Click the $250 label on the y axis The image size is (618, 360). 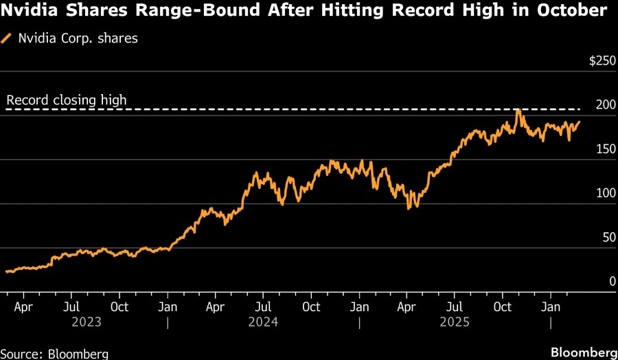tap(602, 61)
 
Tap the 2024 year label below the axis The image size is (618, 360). tap(263, 322)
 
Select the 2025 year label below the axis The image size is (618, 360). tap(455, 322)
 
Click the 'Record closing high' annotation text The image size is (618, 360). tap(67, 100)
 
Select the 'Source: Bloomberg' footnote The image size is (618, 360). tap(54, 353)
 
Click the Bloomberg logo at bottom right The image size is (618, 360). tap(584, 352)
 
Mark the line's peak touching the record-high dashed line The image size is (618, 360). tap(518, 110)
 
